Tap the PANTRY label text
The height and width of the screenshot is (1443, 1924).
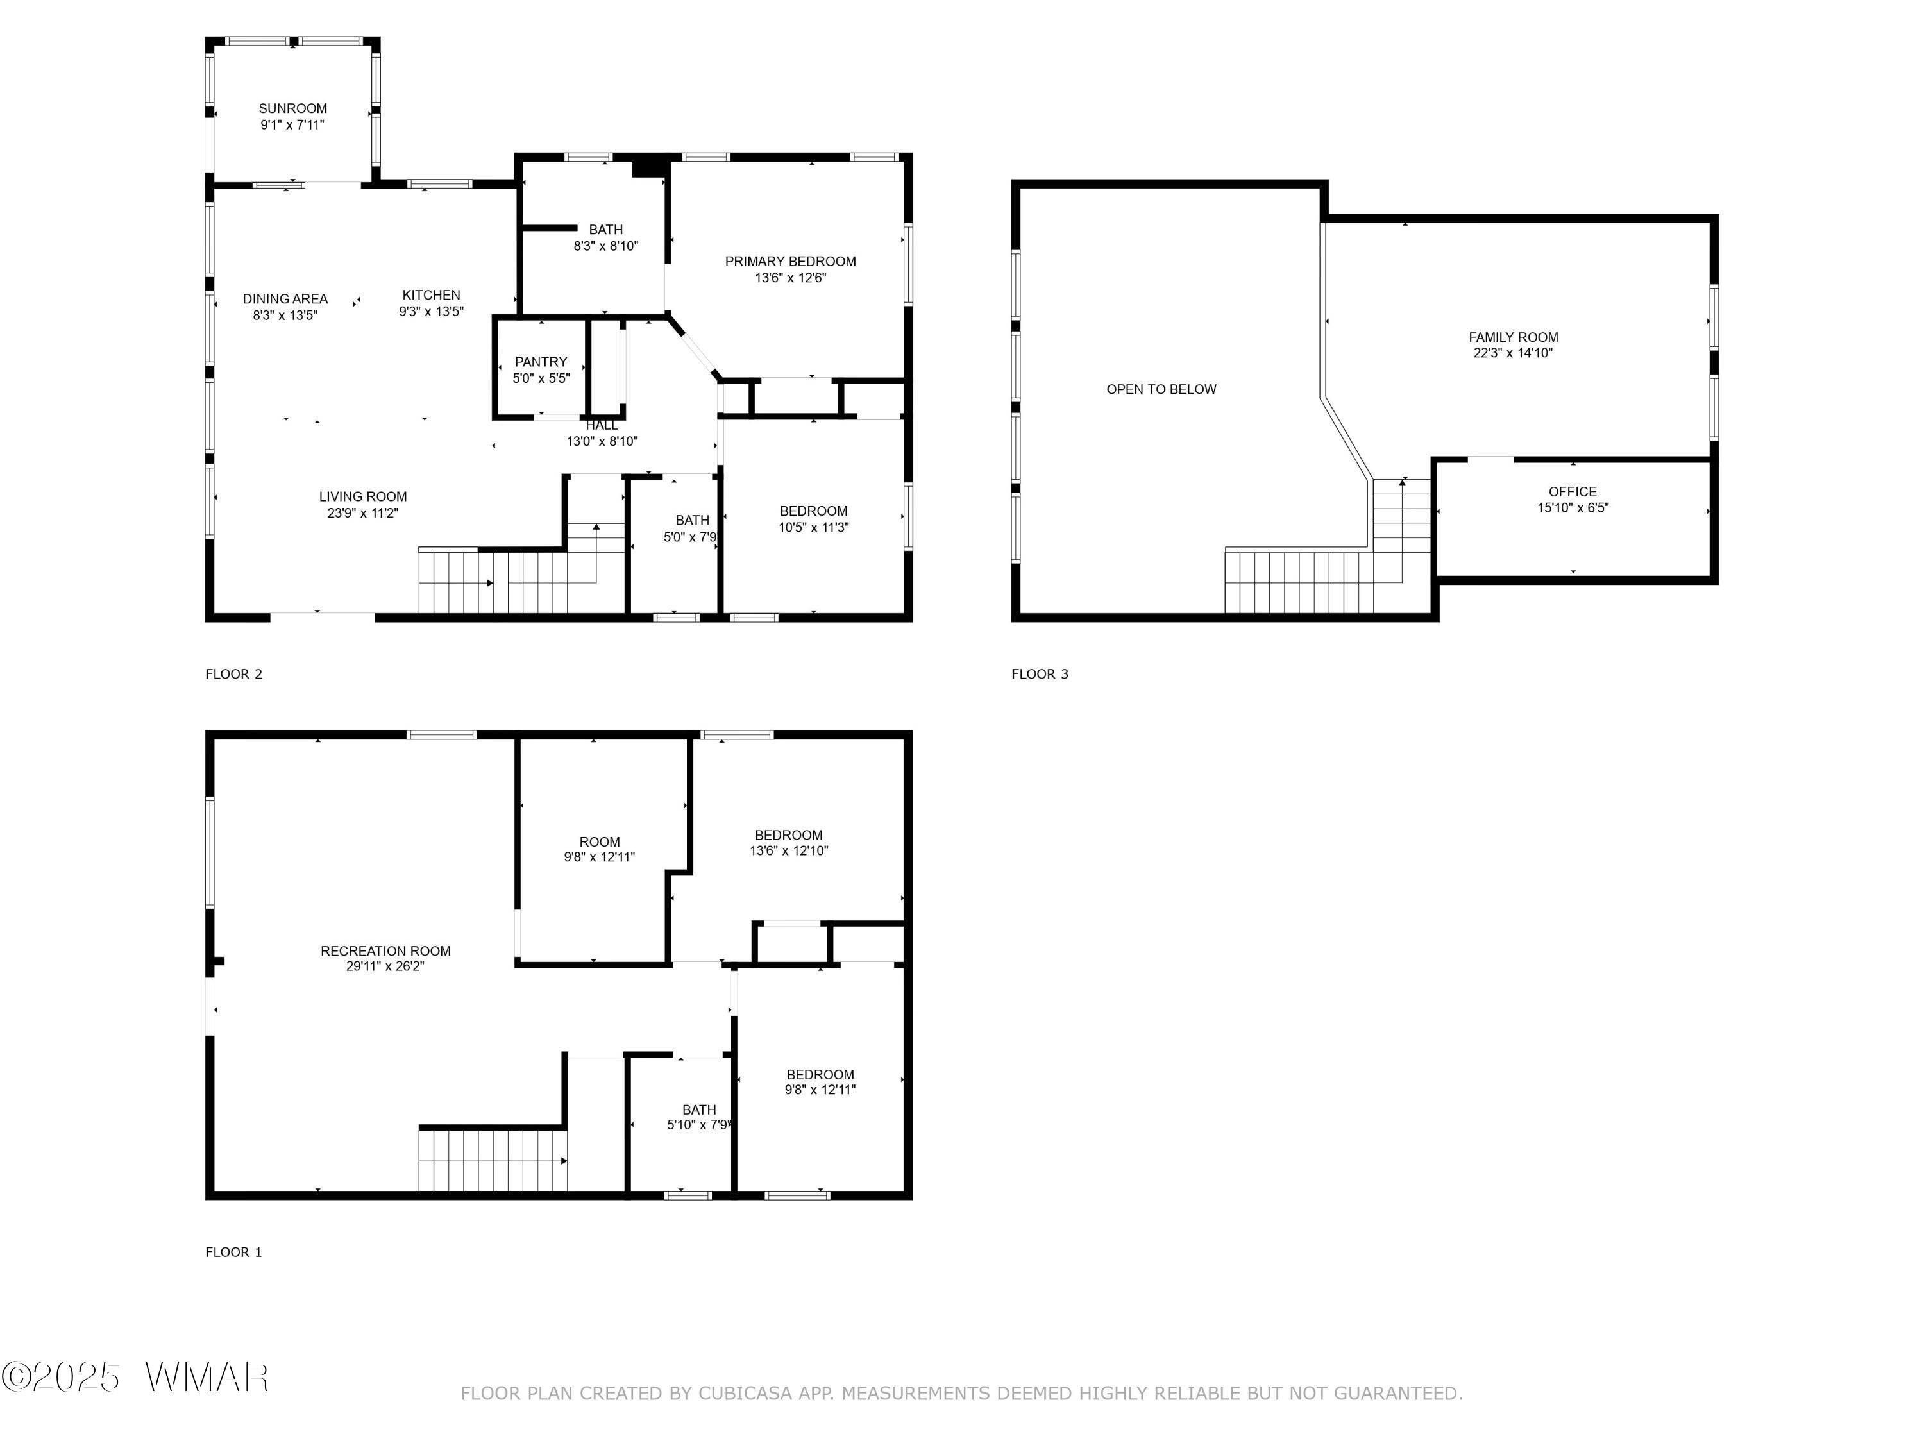tap(541, 362)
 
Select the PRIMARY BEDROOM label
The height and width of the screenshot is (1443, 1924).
tap(791, 261)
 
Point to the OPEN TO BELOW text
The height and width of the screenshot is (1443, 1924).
tap(1161, 389)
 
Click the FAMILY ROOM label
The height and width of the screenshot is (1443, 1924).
tap(1514, 337)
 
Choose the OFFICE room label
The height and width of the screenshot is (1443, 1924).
tap(1573, 491)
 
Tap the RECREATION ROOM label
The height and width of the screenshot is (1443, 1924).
tap(385, 950)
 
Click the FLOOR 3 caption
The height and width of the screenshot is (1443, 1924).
tap(1040, 674)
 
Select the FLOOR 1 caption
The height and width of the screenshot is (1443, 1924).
tap(233, 1253)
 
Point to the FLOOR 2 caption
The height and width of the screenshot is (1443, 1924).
tap(233, 674)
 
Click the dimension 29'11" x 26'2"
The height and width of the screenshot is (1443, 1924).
tap(385, 966)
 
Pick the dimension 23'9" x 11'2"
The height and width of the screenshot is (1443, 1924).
tap(363, 513)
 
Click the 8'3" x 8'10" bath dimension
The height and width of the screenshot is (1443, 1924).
tap(606, 246)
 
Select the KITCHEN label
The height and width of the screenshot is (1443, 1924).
tap(432, 295)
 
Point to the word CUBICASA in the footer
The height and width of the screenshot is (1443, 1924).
tap(745, 1394)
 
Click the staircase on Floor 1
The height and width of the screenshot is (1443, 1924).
tap(493, 1160)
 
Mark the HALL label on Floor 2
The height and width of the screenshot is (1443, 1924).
tap(602, 425)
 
